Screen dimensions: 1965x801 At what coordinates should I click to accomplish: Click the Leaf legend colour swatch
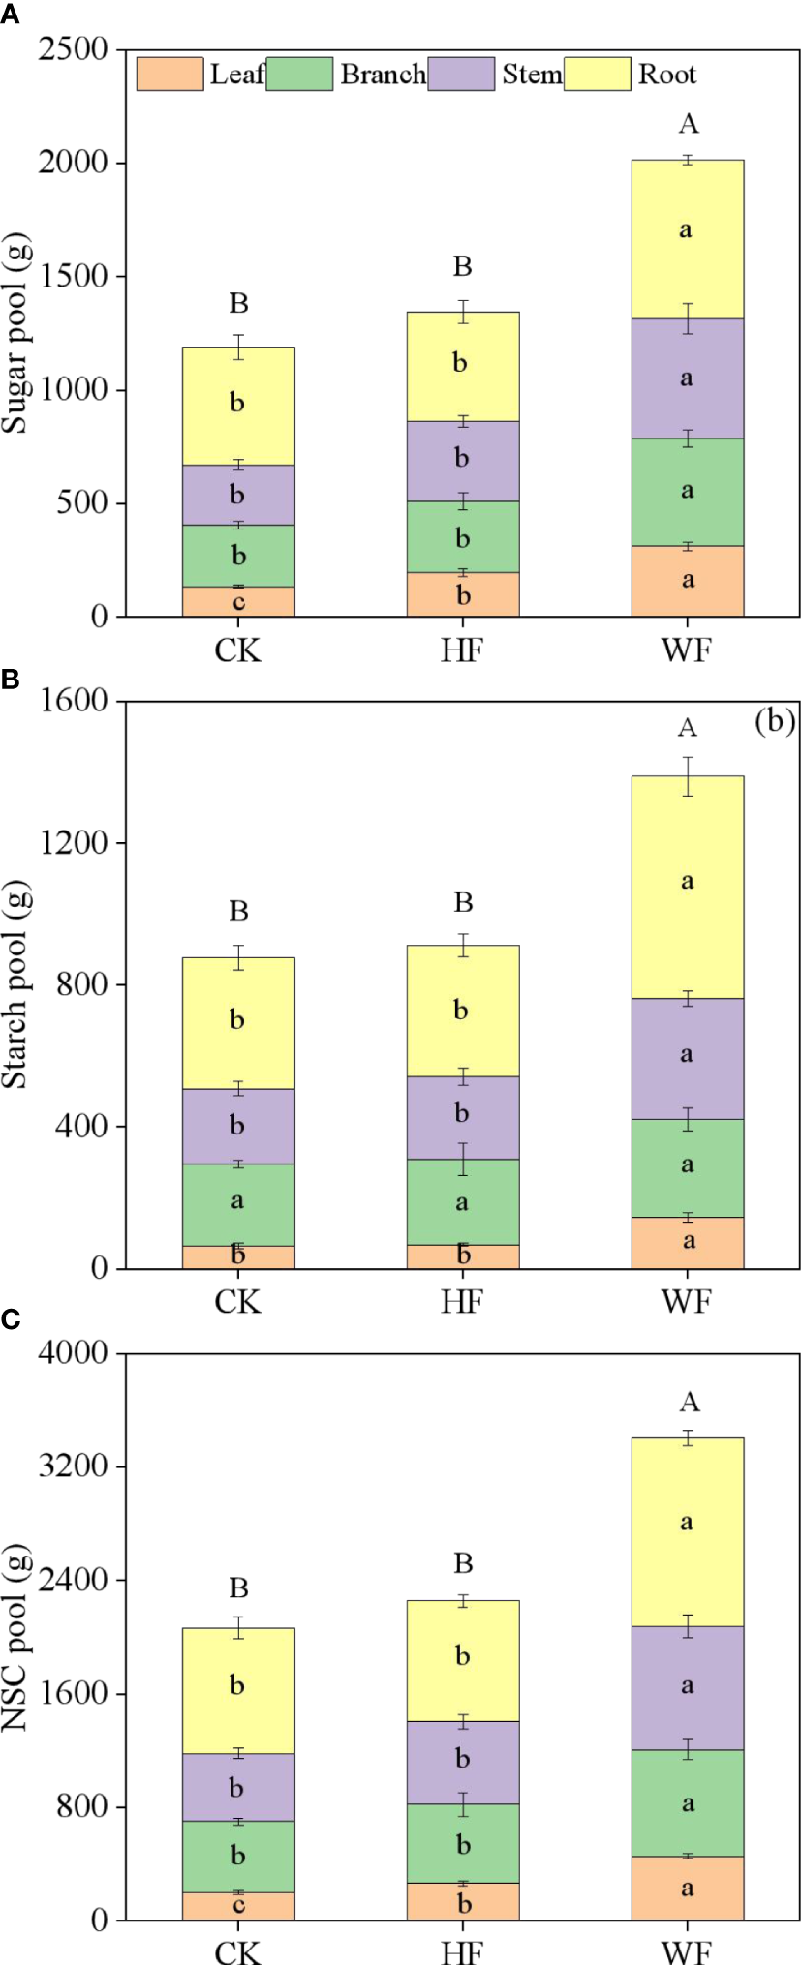(169, 75)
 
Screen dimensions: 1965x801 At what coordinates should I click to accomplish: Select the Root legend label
(666, 75)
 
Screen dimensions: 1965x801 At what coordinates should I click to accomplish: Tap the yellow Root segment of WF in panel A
(687, 239)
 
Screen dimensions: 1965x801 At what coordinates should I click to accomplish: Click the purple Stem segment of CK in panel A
(238, 495)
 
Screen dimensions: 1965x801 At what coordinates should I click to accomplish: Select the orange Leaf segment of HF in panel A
(463, 594)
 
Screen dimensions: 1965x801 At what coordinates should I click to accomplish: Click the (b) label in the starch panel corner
(774, 722)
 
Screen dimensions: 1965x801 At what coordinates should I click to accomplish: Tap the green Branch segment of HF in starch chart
(463, 1201)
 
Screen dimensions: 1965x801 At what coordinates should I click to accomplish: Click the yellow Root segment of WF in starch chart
(687, 887)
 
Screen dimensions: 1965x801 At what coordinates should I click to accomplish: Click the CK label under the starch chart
(238, 1300)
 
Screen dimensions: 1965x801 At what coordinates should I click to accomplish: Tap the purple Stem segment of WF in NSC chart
(687, 1686)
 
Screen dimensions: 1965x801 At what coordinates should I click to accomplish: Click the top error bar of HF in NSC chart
(463, 1601)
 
